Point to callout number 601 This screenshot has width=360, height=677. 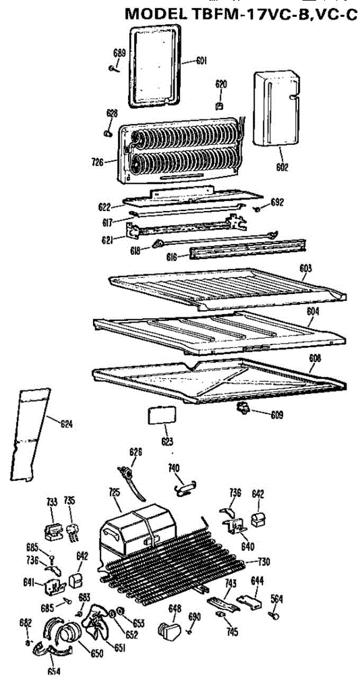201,60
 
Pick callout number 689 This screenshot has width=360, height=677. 120,54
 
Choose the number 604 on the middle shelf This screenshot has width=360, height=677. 313,310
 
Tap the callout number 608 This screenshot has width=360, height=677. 315,357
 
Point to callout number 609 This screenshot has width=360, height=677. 276,415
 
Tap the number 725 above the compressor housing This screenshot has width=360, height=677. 115,493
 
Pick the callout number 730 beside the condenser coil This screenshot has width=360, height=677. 264,561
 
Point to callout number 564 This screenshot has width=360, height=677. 276,599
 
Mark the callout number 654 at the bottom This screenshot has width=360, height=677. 54,671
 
